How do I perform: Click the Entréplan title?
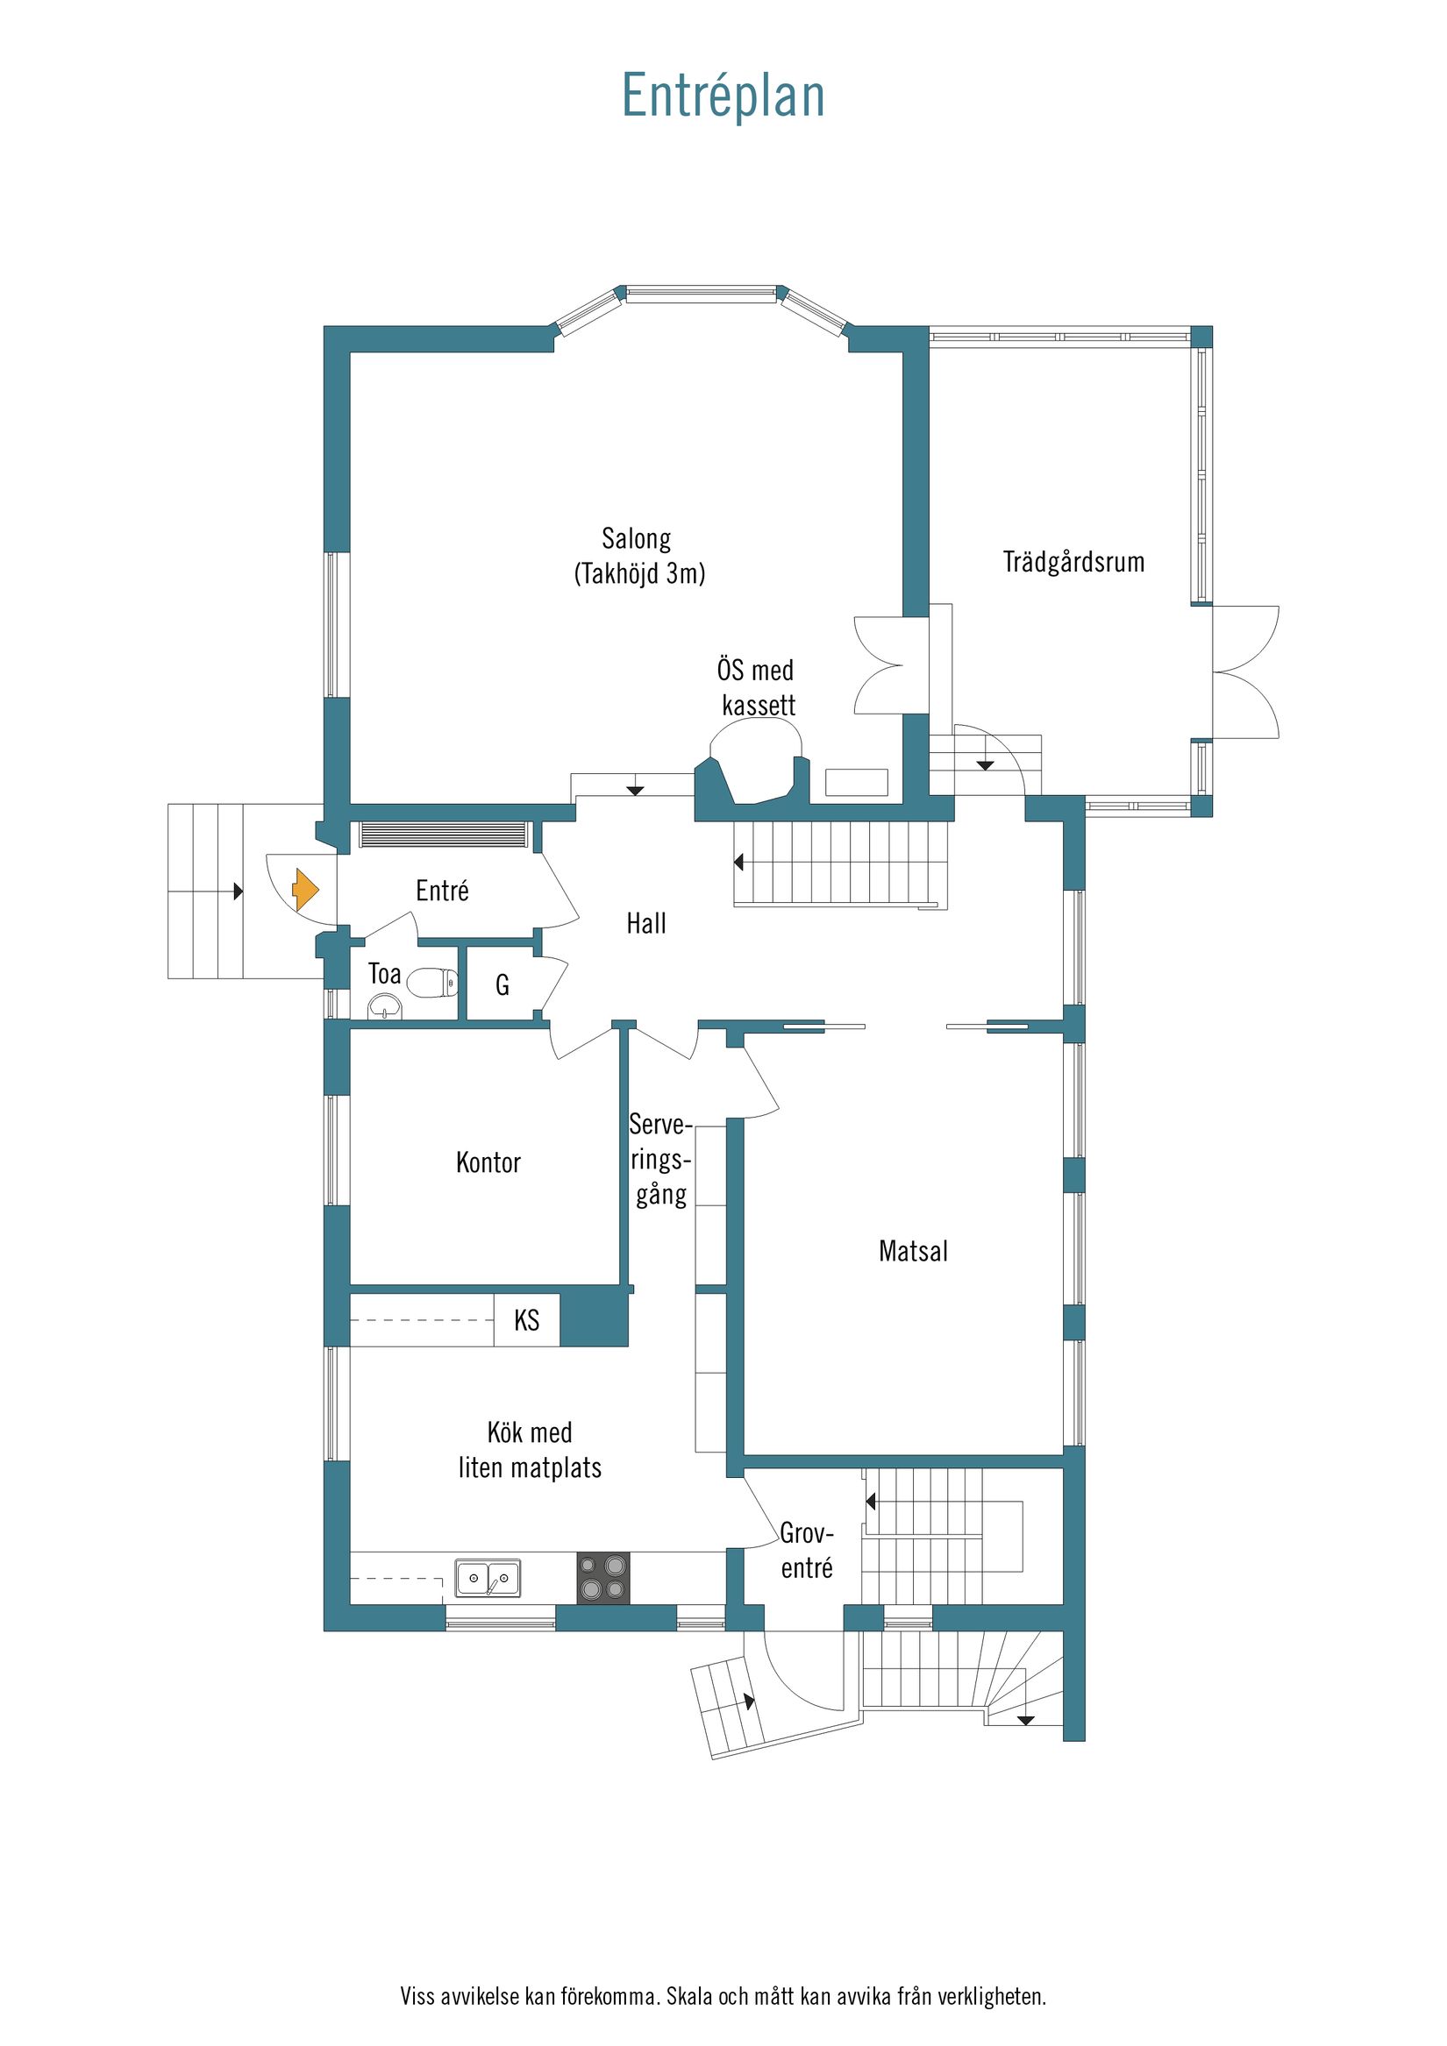click(723, 96)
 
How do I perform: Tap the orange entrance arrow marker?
click(305, 890)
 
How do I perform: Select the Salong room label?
click(636, 539)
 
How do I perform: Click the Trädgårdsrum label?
click(1073, 562)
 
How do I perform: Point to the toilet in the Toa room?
click(432, 983)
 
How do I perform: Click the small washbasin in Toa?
click(385, 1007)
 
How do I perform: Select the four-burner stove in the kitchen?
click(602, 1578)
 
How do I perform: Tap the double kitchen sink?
click(488, 1578)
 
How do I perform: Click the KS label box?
click(527, 1320)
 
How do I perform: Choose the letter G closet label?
click(502, 984)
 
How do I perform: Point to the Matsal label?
click(913, 1252)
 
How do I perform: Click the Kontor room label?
click(488, 1163)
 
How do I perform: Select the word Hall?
click(645, 924)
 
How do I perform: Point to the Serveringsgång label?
click(660, 1161)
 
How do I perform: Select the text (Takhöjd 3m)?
click(639, 574)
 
